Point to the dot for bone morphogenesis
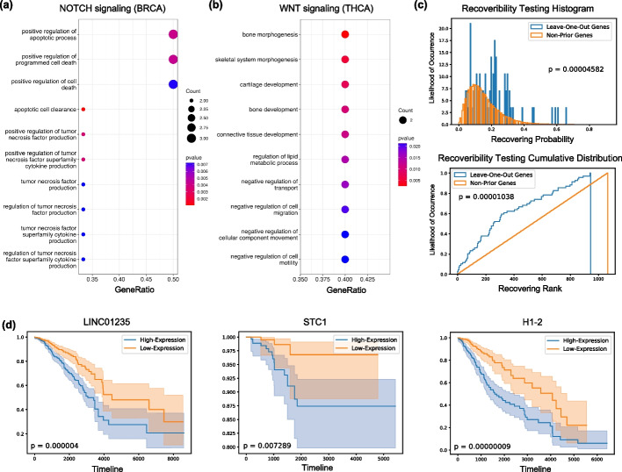click(x=345, y=35)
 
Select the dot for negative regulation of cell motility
click(x=345, y=260)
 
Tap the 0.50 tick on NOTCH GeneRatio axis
click(x=173, y=279)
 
